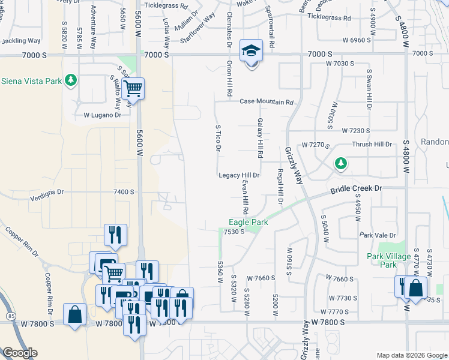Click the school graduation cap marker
coord(251,51)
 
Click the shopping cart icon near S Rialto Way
coord(133,89)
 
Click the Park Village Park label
coord(382,260)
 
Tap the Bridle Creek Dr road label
coord(356,190)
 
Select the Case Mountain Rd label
coord(267,102)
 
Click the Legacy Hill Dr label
coord(238,175)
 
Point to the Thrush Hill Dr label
coord(372,145)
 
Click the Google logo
coord(20,353)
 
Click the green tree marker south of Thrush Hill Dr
coord(340,163)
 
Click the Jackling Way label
coord(21,41)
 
